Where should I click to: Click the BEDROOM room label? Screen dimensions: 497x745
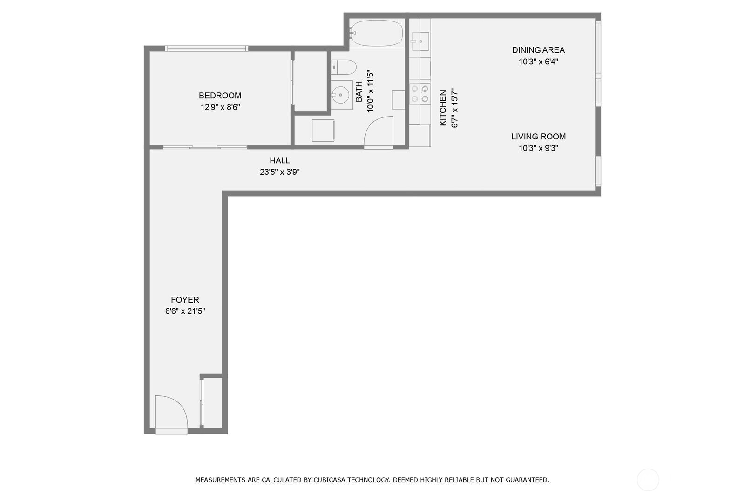tap(220, 96)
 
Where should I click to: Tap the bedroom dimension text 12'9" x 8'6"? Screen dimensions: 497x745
tap(220, 107)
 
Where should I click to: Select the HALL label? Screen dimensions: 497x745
tap(279, 160)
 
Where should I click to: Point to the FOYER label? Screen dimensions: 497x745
tap(185, 300)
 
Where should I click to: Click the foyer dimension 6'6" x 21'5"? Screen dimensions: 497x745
tap(185, 311)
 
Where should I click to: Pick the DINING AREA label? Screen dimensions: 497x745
tap(538, 50)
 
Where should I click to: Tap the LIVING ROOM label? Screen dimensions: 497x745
tap(538, 137)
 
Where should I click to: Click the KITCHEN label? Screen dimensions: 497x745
tap(443, 108)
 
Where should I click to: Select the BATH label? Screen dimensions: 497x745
tap(359, 91)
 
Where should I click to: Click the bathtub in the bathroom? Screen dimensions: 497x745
tap(376, 33)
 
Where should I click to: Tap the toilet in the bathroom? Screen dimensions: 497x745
tap(344, 67)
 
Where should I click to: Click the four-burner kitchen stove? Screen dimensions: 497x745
tap(420, 94)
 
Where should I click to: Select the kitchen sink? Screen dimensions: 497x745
tap(420, 41)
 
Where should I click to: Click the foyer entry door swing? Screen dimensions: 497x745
tap(170, 412)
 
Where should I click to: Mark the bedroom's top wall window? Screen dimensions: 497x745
tap(206, 48)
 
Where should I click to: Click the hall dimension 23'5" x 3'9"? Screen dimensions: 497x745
tap(279, 172)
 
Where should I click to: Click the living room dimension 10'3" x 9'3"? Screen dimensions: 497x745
tap(538, 148)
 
